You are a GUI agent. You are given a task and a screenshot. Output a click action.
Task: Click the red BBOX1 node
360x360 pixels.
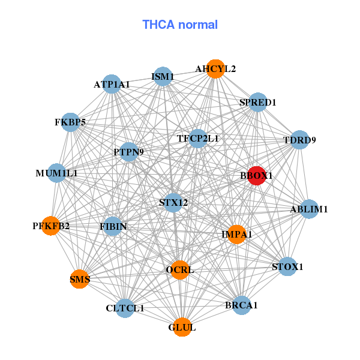click(256, 176)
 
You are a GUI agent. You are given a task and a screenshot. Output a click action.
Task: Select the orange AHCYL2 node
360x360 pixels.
click(215, 69)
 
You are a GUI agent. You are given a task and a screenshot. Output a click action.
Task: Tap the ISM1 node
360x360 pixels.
click(163, 76)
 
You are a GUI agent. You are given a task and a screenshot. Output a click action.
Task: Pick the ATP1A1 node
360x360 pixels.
click(112, 84)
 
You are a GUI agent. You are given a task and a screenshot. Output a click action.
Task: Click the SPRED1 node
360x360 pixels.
click(258, 102)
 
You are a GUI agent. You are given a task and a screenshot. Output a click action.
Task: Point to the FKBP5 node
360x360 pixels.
click(70, 122)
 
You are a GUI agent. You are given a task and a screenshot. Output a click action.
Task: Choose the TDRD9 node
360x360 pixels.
click(299, 140)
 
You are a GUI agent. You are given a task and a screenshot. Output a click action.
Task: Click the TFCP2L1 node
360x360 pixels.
click(197, 139)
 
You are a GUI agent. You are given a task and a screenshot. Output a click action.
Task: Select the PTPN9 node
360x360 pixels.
click(129, 152)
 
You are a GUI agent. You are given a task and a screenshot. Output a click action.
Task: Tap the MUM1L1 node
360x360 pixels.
click(57, 173)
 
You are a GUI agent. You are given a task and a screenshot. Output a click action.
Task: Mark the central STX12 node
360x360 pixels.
click(173, 203)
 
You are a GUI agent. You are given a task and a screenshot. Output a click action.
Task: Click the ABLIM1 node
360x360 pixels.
click(309, 209)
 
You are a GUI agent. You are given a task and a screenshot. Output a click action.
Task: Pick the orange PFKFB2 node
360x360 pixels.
click(51, 226)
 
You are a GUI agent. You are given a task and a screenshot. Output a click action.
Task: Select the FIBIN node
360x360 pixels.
click(113, 226)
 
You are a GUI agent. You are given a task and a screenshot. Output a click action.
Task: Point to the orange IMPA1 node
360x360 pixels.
click(237, 235)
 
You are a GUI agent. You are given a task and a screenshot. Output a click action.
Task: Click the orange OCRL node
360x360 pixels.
click(180, 270)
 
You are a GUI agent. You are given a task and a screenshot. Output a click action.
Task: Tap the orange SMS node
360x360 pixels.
click(79, 279)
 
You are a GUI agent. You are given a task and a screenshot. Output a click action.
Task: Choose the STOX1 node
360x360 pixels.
click(287, 266)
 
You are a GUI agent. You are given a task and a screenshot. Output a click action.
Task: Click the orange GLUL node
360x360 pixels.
click(182, 327)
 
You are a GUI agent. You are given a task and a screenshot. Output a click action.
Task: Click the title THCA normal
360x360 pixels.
click(180, 25)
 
